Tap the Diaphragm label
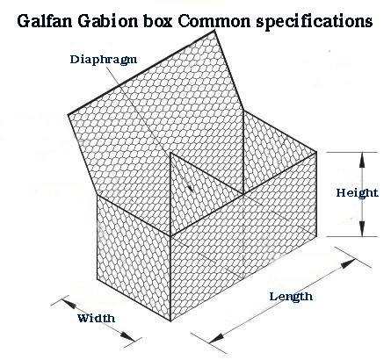click(104, 60)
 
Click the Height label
click(357, 193)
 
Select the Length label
click(291, 297)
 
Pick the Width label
click(96, 318)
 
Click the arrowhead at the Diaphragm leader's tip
click(190, 188)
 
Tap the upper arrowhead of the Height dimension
click(362, 160)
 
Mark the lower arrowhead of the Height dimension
click(362, 228)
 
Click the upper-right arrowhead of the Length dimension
click(348, 263)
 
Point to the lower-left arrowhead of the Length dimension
click(216, 338)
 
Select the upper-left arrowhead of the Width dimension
click(69, 303)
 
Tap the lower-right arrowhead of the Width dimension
click(128, 336)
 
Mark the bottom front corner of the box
click(171, 320)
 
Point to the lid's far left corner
click(69, 115)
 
